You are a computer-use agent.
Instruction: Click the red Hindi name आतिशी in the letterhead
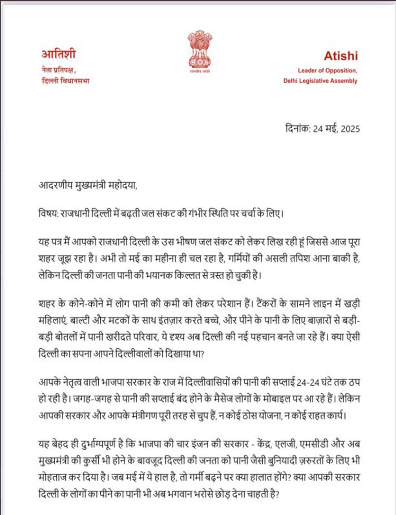tap(58, 54)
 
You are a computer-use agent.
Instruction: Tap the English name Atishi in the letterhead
tap(341, 56)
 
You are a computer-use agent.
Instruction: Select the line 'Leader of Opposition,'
tap(327, 70)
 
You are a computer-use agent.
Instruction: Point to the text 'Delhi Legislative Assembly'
tap(320, 81)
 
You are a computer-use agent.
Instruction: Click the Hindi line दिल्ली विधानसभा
tap(65, 81)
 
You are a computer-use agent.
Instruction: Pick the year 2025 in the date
tap(350, 129)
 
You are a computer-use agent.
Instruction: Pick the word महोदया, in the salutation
tap(122, 186)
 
